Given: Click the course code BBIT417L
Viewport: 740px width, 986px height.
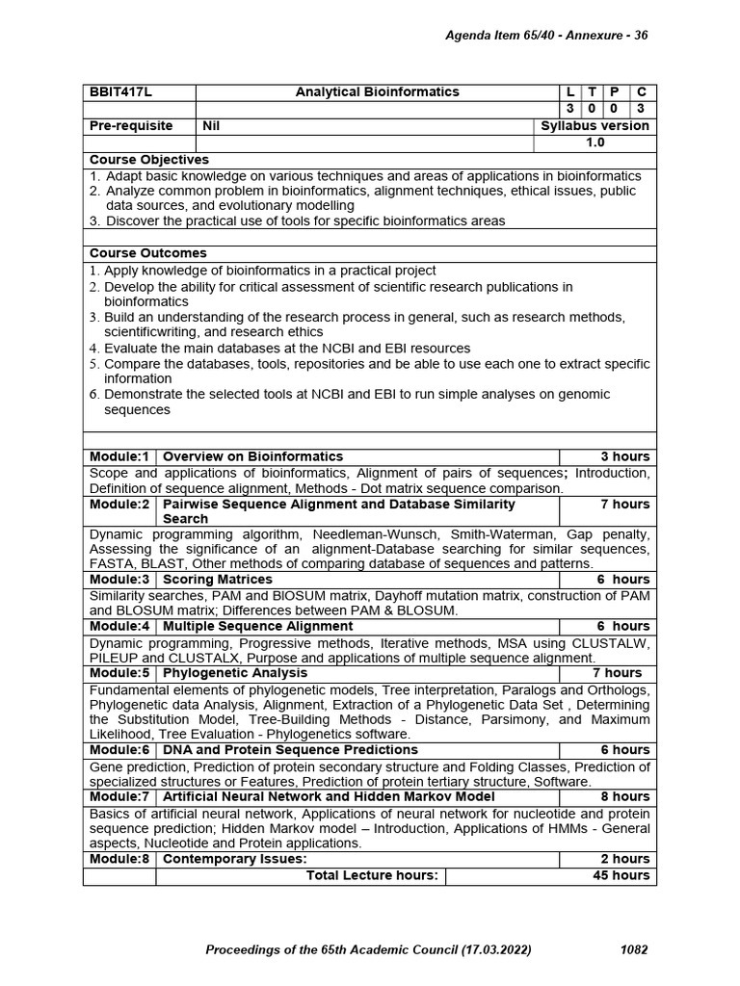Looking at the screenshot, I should click(x=121, y=92).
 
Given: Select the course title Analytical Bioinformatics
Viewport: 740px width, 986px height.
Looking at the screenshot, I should click(x=377, y=92).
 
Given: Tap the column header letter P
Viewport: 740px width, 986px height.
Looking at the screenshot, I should click(x=614, y=92).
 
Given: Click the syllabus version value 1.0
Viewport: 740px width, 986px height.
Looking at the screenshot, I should click(x=595, y=143).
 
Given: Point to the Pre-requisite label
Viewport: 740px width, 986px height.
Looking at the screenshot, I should click(x=131, y=126).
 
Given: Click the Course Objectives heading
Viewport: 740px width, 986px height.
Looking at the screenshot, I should click(x=148, y=160).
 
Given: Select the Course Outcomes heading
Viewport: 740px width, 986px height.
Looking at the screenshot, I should click(x=147, y=253).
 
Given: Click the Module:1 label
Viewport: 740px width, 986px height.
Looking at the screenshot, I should click(x=119, y=456).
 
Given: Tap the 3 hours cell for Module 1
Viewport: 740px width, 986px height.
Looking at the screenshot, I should click(x=624, y=456).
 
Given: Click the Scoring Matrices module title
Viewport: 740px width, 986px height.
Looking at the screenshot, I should click(x=218, y=580).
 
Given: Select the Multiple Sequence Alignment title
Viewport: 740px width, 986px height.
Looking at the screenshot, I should click(x=258, y=626).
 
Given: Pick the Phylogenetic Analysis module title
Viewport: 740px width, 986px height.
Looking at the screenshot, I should click(x=235, y=673).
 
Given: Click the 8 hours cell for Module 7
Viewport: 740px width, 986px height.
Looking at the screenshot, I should click(x=624, y=796).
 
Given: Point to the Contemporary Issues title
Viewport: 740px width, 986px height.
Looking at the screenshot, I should click(x=235, y=859).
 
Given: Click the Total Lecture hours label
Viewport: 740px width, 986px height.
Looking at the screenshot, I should click(x=372, y=875).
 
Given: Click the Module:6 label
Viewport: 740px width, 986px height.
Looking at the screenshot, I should click(x=119, y=750).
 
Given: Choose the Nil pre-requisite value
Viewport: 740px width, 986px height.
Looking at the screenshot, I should click(x=211, y=126).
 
